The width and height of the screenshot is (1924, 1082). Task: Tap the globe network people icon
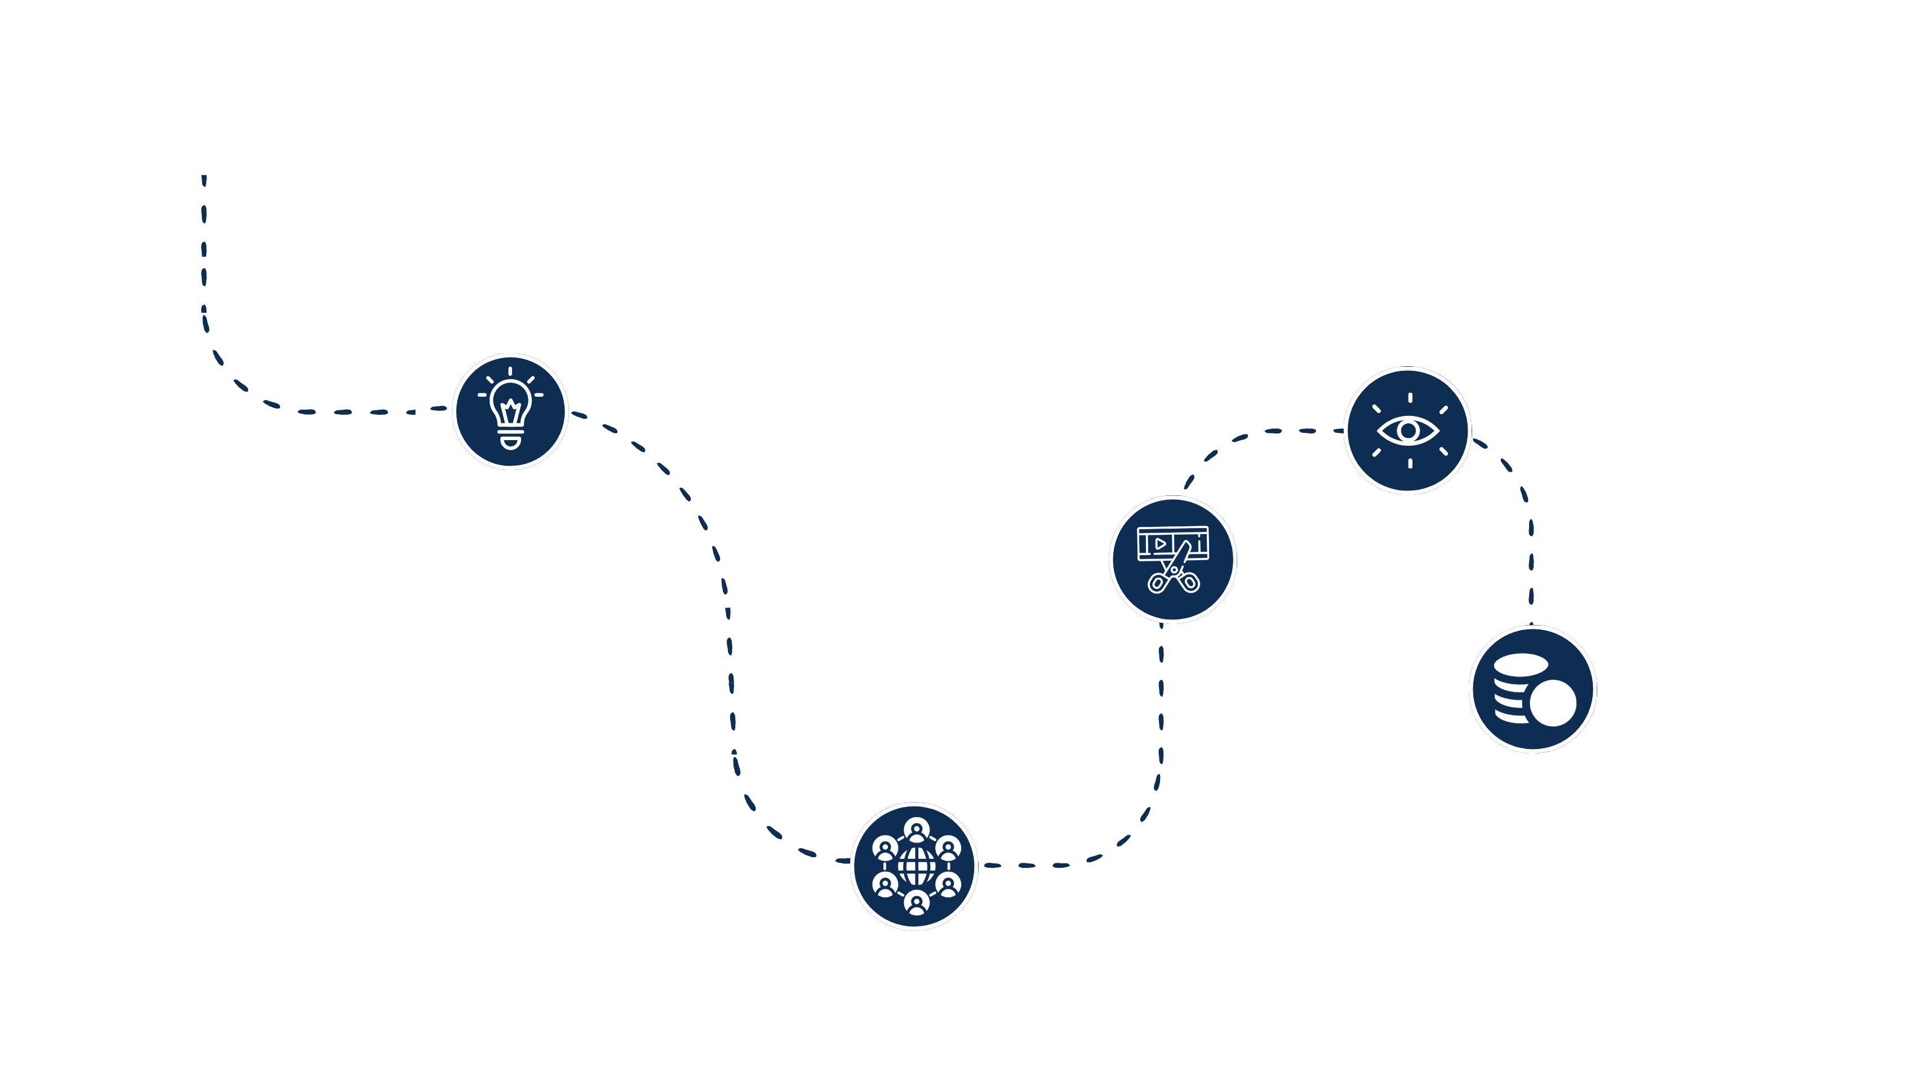(915, 866)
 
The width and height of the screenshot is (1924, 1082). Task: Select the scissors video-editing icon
(1172, 560)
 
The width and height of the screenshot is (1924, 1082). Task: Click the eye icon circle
(1408, 431)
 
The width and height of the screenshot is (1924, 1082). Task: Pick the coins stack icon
(1532, 689)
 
